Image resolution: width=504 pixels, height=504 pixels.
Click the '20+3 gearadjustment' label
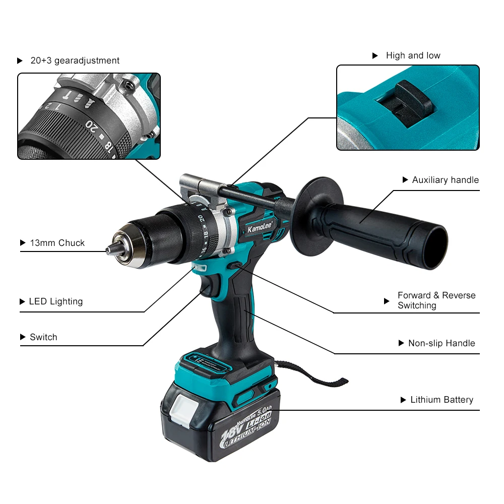click(x=75, y=60)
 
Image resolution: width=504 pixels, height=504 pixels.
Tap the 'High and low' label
click(x=413, y=55)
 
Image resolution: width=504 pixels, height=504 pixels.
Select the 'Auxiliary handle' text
click(x=446, y=180)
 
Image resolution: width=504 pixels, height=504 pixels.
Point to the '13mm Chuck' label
click(x=57, y=243)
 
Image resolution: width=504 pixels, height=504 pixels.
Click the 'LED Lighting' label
click(x=56, y=301)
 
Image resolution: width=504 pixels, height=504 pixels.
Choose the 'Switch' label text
click(x=43, y=337)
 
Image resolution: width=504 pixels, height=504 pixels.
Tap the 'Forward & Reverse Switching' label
click(x=436, y=300)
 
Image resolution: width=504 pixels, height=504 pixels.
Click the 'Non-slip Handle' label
click(x=442, y=343)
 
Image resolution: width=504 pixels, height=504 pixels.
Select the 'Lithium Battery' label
click(x=442, y=400)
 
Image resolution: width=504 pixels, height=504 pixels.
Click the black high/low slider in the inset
click(x=413, y=103)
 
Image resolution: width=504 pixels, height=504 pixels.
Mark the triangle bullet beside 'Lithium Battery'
click(x=403, y=400)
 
